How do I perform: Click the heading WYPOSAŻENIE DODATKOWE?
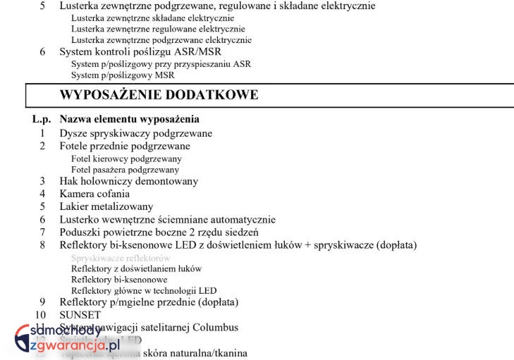click(159, 95)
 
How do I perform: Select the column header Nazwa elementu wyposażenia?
click(129, 119)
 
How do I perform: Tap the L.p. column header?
click(42, 119)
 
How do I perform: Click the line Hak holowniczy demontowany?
click(128, 181)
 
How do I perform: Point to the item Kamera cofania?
click(94, 194)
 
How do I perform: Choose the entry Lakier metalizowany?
click(106, 206)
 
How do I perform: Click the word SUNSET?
click(80, 315)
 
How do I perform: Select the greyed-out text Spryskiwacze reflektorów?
click(121, 258)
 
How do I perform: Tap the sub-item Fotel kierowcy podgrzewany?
click(126, 159)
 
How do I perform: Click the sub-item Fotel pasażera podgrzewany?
click(125, 169)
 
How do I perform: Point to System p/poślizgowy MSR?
click(123, 75)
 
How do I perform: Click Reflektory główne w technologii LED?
click(144, 290)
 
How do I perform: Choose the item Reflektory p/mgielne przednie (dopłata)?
click(149, 302)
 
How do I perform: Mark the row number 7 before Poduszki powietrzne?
click(42, 232)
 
